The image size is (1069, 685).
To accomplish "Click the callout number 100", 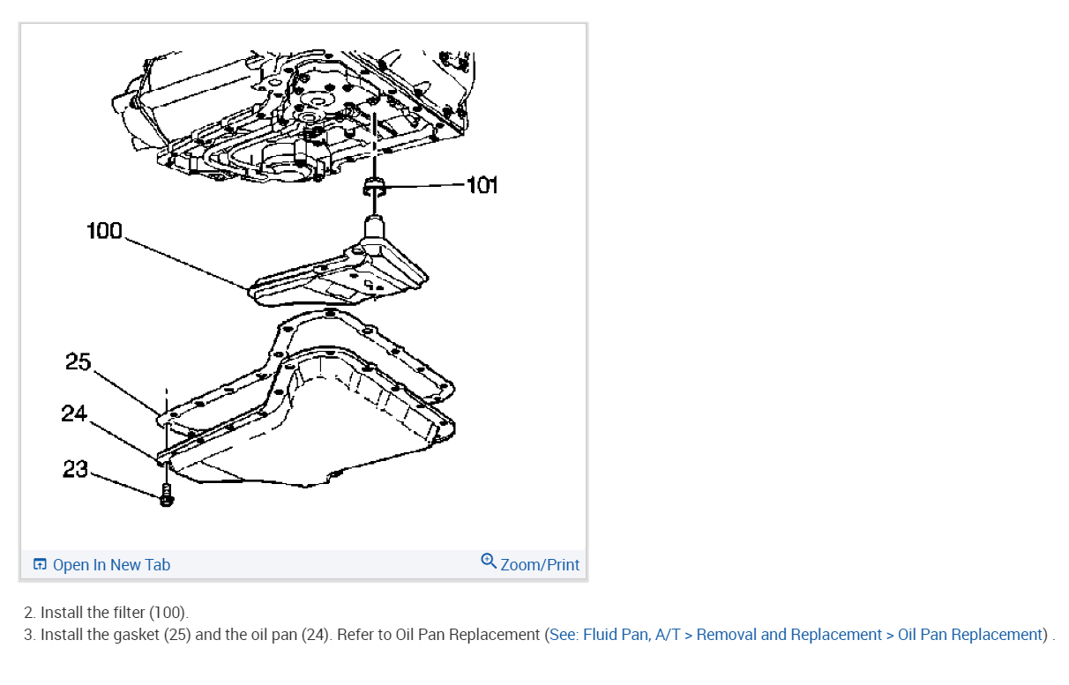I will pos(104,231).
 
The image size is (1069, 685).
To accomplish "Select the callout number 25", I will pos(78,361).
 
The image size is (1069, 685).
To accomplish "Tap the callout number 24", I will pos(74,413).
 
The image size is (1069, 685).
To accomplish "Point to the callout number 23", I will pos(75,469).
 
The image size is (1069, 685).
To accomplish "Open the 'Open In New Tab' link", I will pos(111,565).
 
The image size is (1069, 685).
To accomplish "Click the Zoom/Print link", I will pos(540,565).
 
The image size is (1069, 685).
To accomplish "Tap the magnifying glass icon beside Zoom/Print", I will pos(489,562).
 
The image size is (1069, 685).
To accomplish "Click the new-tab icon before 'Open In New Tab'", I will pos(40,565).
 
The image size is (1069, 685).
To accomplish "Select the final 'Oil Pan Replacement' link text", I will pos(969,635).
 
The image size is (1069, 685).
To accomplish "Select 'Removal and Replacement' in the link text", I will pos(789,635).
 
